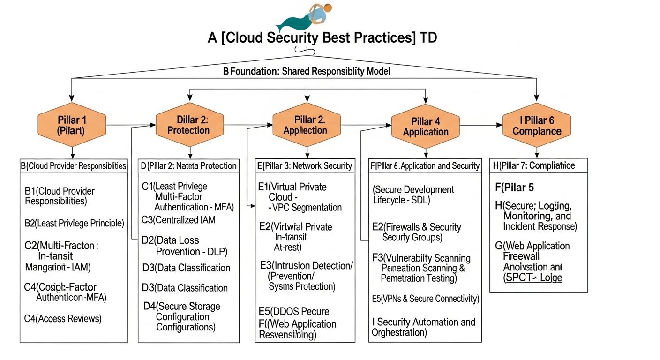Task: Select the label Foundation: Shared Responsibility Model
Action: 307,72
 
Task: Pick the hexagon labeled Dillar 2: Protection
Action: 189,125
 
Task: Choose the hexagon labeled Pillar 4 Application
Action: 426,126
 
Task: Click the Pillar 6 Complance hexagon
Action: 537,125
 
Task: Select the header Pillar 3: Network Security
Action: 305,165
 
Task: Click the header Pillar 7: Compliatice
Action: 534,165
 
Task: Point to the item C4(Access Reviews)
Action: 63,319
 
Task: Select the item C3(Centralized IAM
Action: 179,219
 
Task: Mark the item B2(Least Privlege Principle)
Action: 74,223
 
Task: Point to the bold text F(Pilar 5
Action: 515,187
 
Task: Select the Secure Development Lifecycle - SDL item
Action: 413,195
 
